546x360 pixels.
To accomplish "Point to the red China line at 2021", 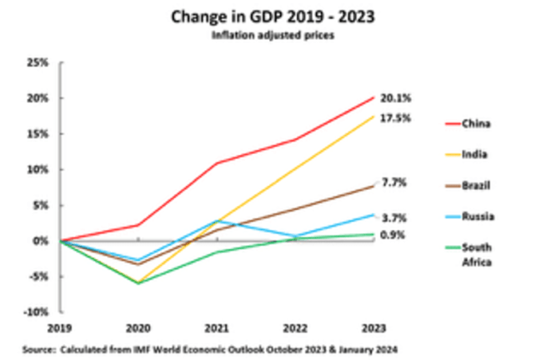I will (x=218, y=163).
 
